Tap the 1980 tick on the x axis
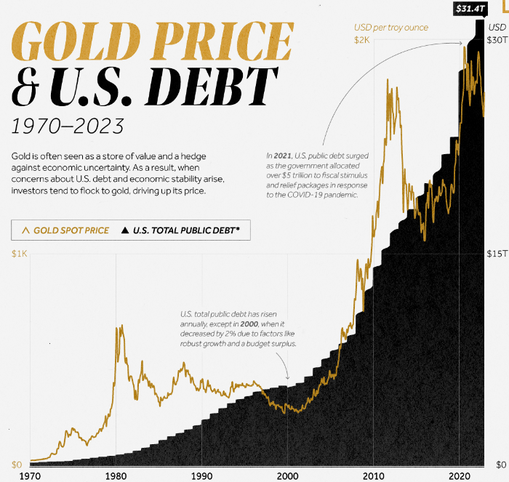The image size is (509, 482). (x=116, y=475)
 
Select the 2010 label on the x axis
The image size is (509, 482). (x=373, y=475)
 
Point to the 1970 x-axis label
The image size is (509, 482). (x=30, y=475)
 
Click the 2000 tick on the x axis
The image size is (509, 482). (x=287, y=475)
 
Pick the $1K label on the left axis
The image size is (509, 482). (x=20, y=254)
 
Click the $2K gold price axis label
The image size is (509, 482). (x=362, y=41)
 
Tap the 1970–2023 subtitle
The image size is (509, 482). (x=67, y=126)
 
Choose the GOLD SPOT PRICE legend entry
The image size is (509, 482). (x=65, y=230)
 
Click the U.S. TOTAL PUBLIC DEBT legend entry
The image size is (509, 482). (x=186, y=230)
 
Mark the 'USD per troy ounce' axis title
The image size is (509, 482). (x=390, y=28)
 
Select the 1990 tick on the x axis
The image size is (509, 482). (x=201, y=475)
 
